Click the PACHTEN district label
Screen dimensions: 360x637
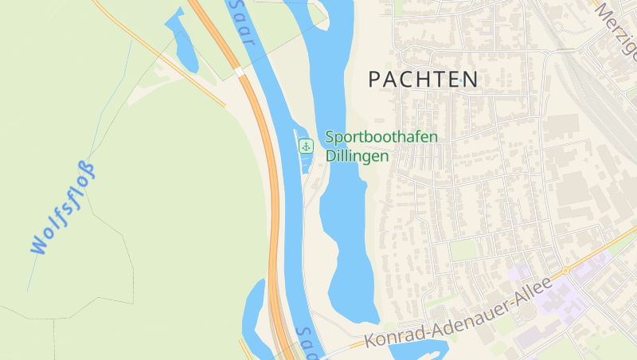point(423,79)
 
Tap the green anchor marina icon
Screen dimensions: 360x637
point(306,146)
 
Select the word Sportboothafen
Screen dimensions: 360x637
point(381,137)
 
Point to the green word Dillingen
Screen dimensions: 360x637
point(357,156)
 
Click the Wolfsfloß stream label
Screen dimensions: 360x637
point(63,209)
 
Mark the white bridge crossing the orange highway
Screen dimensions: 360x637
point(240,72)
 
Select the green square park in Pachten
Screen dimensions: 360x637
point(463,250)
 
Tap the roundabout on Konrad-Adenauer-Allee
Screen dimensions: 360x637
point(568,270)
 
